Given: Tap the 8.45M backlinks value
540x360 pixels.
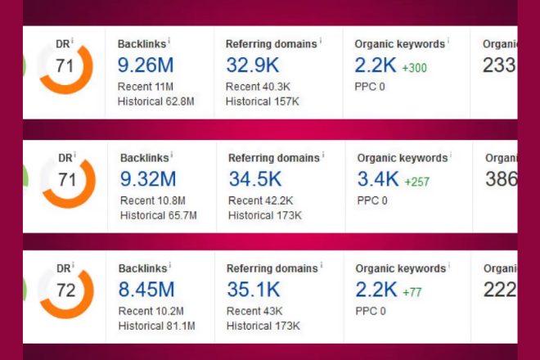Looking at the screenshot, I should [x=147, y=290].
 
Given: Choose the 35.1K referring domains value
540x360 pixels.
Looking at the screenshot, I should [x=253, y=290].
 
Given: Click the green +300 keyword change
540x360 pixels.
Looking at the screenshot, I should [x=415, y=69].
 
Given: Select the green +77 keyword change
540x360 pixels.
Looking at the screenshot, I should [x=412, y=292].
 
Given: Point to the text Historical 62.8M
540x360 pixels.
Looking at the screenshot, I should [x=155, y=101].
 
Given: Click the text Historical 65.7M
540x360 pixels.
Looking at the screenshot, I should [x=158, y=215].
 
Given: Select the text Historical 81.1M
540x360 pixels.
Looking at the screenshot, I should [x=155, y=326].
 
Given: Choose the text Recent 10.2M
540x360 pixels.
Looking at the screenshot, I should [x=151, y=312].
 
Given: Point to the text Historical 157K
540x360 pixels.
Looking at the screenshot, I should [x=263, y=101].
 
